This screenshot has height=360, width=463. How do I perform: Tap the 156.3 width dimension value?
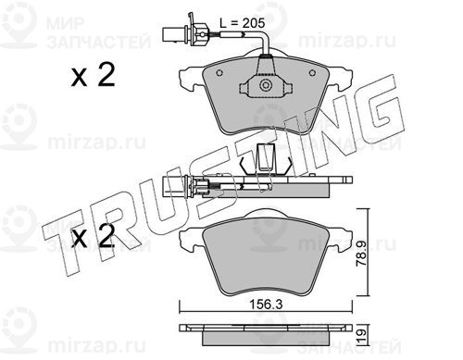click(x=266, y=304)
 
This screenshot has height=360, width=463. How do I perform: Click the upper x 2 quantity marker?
click(x=94, y=75)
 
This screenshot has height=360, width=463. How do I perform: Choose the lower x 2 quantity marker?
click(x=94, y=236)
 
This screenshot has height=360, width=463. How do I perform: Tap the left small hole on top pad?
click(x=219, y=73)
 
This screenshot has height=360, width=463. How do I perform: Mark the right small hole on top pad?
click(x=312, y=73)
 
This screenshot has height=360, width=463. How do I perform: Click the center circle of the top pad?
click(x=265, y=85)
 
